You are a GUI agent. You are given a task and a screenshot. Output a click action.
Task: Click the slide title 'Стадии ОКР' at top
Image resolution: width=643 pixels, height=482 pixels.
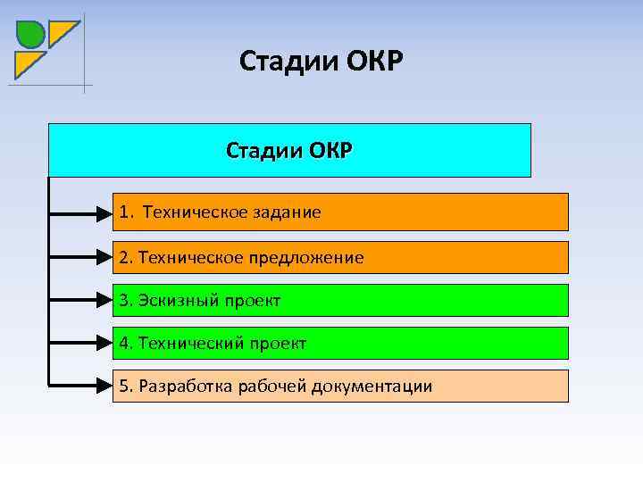(x=321, y=62)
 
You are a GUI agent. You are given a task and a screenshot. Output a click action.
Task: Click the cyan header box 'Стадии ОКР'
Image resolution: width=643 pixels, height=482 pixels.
(x=289, y=150)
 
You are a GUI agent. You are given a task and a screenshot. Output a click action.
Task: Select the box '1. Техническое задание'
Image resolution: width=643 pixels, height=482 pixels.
(x=340, y=212)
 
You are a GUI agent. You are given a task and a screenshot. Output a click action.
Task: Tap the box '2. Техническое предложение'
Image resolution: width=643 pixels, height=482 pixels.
(x=340, y=257)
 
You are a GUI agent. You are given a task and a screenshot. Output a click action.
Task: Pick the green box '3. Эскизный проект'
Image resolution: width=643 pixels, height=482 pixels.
(x=340, y=301)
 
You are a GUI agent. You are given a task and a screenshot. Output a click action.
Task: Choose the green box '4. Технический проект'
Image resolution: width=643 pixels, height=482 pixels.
(x=340, y=343)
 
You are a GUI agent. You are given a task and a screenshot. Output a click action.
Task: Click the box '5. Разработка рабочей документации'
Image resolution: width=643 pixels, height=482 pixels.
(x=340, y=386)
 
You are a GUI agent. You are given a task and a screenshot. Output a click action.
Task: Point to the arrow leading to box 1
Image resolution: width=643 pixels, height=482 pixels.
(x=80, y=213)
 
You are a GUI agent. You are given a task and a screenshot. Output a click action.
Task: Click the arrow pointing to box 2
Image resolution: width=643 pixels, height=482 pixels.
(x=80, y=257)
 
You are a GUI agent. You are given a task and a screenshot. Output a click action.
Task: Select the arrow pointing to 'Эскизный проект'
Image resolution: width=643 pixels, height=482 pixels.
(x=80, y=301)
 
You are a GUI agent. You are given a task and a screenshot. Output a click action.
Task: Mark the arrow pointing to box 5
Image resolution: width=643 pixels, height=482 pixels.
(x=80, y=386)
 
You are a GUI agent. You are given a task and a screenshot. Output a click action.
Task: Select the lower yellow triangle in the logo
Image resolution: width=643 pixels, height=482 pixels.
(x=27, y=62)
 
